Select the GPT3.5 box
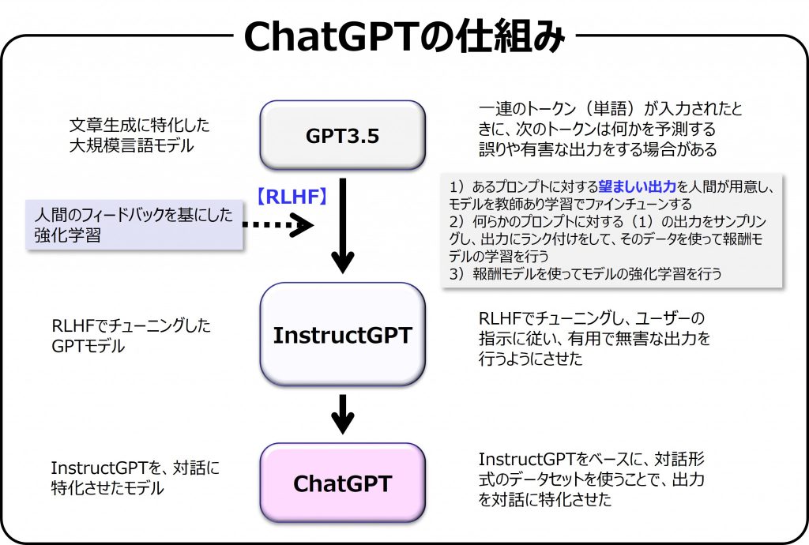tap(342, 136)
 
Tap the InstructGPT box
tap(342, 335)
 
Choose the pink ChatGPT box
tap(342, 483)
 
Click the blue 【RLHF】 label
tap(292, 196)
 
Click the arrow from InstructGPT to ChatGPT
tap(342, 413)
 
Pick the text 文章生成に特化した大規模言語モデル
tap(139, 135)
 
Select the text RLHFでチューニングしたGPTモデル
tap(130, 335)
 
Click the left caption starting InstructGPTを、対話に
tap(134, 478)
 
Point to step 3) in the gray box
tap(585, 274)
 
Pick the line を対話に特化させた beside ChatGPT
tap(544, 500)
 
